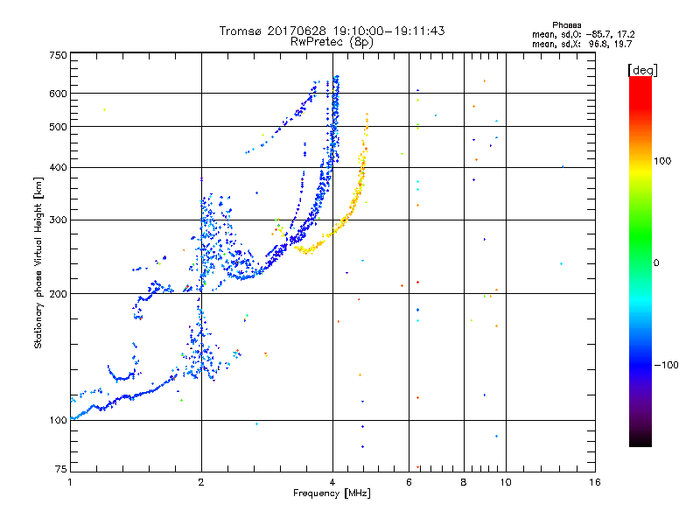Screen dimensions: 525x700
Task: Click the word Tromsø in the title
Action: [241, 31]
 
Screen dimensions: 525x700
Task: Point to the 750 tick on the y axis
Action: [59, 55]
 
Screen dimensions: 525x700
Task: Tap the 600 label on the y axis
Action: [59, 94]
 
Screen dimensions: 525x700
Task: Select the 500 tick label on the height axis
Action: [59, 127]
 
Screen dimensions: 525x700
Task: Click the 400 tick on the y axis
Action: [59, 167]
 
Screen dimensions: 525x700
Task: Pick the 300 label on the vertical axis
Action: [59, 220]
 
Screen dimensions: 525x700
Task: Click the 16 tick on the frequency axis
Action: [594, 482]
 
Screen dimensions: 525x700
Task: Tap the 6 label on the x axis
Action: [409, 482]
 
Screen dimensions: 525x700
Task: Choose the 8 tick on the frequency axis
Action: [464, 482]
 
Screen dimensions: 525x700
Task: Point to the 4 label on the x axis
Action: [332, 482]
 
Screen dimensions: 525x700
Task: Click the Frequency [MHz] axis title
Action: [332, 493]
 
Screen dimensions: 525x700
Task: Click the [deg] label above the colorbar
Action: [643, 69]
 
